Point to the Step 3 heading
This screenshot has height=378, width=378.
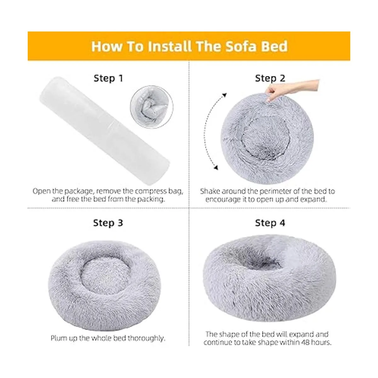click(108, 223)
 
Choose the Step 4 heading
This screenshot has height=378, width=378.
click(270, 223)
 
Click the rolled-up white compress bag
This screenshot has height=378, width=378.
click(105, 130)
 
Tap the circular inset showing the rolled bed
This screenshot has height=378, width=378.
click(152, 107)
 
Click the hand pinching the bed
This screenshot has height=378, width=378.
click(292, 90)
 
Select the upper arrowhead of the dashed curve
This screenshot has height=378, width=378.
click(224, 95)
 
